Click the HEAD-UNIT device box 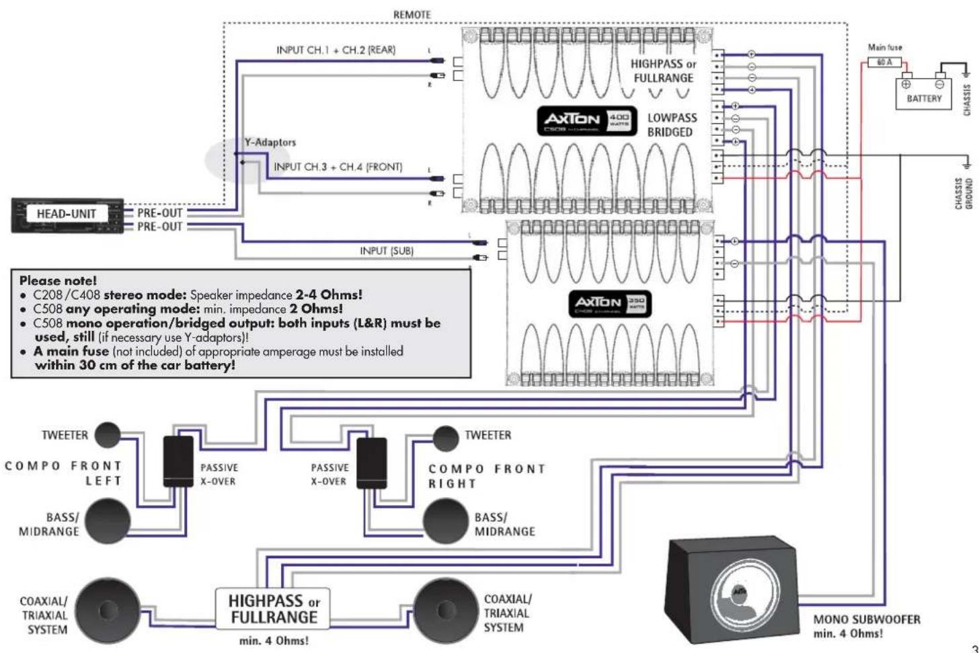point(67,215)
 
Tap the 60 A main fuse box point(884,62)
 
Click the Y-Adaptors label point(270,143)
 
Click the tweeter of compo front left point(107,435)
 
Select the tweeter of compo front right point(445,438)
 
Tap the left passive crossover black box point(178,461)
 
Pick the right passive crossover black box point(371,463)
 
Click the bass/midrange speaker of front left point(107,521)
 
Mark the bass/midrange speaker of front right point(444,522)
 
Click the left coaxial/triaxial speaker point(107,610)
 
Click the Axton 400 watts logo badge point(586,120)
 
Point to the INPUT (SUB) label point(387,251)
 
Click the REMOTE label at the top point(412,14)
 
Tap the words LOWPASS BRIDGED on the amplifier point(671,124)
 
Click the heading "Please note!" point(58,280)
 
